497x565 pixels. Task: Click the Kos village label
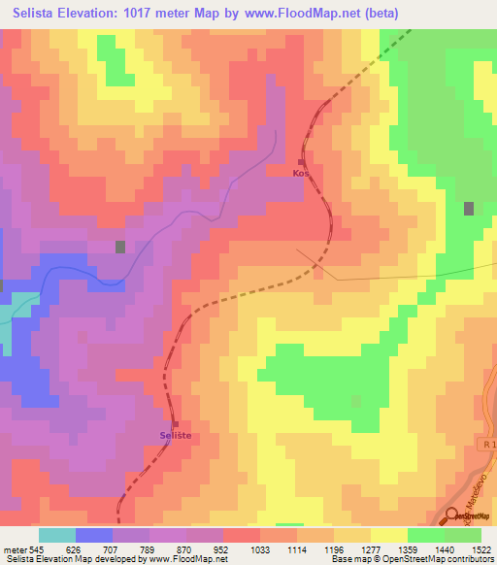300,174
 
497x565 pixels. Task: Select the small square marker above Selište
176,423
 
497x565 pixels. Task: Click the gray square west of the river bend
120,247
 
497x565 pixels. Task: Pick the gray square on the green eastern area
470,208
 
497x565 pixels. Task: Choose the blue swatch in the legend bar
94,535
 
